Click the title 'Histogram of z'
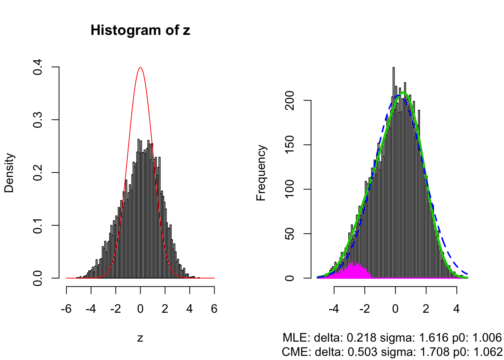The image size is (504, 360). click(140, 30)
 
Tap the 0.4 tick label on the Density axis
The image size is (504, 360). click(37, 67)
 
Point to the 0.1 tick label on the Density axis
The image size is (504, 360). click(37, 225)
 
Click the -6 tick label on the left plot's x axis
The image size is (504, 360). click(66, 309)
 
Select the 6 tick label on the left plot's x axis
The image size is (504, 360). click(214, 309)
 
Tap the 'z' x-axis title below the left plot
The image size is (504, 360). click(140, 338)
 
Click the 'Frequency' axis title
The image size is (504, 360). click(261, 173)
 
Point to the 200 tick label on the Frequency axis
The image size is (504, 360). click(289, 100)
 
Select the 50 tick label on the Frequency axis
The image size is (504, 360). click(289, 234)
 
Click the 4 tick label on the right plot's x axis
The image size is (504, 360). click(456, 309)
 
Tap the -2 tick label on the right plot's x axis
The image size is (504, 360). click(364, 309)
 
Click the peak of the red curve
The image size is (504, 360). click(140, 68)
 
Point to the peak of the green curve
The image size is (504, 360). click(403, 93)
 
